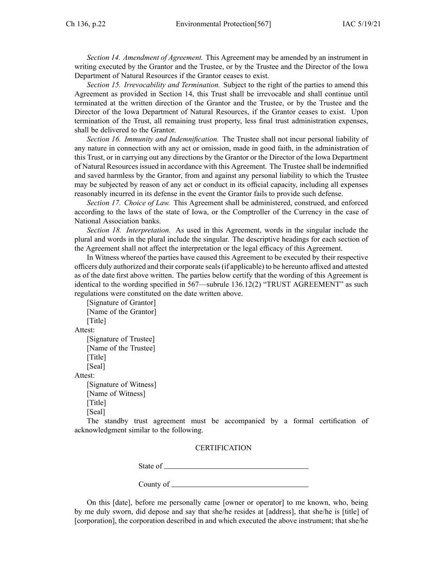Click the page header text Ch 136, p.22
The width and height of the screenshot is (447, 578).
tap(86, 24)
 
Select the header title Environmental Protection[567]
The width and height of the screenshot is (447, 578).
tap(223, 24)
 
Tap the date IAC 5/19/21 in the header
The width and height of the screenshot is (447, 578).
tap(361, 24)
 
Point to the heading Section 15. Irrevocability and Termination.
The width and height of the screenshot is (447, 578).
tap(153, 85)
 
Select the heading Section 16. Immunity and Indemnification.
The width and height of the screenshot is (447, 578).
tap(152, 139)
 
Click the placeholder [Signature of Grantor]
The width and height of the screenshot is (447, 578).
tap(121, 303)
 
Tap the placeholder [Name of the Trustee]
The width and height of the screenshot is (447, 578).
tap(120, 348)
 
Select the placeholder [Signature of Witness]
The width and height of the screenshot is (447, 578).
tap(121, 385)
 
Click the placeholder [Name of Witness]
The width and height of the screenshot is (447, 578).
tap(116, 394)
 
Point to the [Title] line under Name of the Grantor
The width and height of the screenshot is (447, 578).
tap(96, 321)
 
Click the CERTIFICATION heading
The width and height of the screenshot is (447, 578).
tap(223, 448)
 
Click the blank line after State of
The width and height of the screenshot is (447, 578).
tap(236, 468)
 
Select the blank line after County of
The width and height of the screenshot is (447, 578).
tap(240, 486)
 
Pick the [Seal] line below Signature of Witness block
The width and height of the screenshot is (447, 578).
tap(96, 412)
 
